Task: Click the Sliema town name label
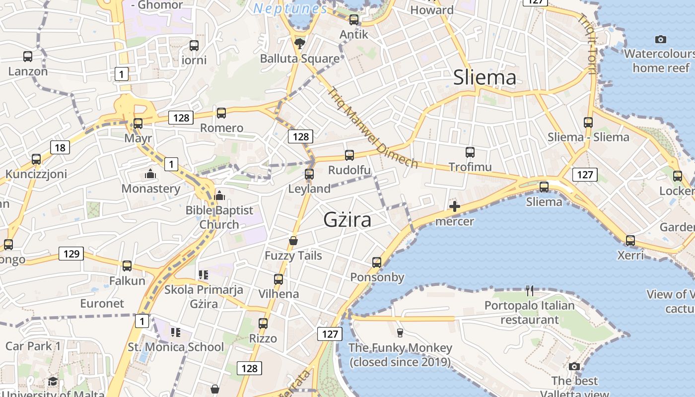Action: tap(485, 77)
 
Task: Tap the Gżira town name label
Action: tap(347, 219)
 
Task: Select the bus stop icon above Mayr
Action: tap(138, 124)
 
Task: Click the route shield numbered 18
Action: tap(60, 147)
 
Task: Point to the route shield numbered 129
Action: tap(71, 254)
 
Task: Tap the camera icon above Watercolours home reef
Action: tap(660, 39)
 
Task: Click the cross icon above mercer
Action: tap(454, 206)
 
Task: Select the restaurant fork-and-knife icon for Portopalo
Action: tap(530, 290)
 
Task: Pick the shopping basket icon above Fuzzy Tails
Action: tap(293, 241)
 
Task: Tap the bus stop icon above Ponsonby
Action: tap(377, 262)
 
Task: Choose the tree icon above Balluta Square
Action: tap(300, 44)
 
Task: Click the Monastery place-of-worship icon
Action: tap(150, 174)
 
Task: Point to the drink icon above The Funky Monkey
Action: tap(400, 332)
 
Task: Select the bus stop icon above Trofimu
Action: tap(470, 152)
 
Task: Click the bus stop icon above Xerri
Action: tap(630, 241)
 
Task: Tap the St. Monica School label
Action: tap(176, 347)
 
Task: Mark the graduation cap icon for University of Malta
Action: tap(53, 381)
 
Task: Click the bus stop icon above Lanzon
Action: tap(28, 57)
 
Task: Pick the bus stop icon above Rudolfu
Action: tap(349, 155)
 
